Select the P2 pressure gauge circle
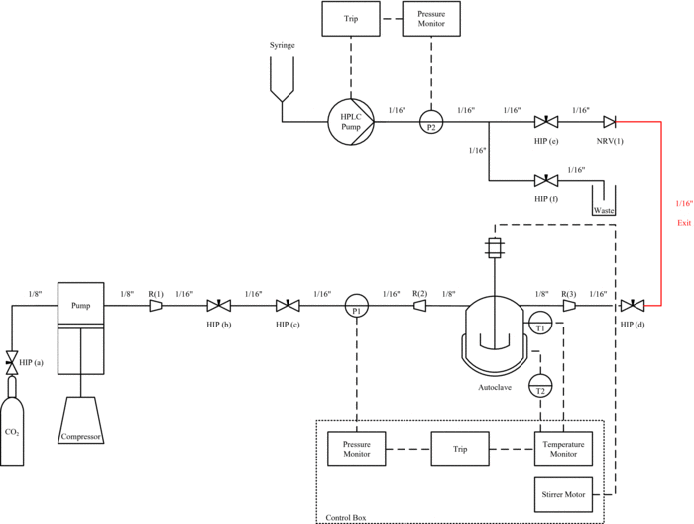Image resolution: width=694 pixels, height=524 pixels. (431, 122)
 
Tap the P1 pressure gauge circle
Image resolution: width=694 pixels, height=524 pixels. (356, 308)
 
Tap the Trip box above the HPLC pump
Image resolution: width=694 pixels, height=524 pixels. (352, 20)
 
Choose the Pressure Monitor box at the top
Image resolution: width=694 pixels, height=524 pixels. (431, 20)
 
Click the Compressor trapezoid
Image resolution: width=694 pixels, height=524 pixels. (81, 422)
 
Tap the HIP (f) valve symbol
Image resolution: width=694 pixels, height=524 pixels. (544, 182)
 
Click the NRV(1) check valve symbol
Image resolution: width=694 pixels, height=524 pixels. (610, 122)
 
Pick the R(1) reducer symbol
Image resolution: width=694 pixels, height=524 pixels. (156, 308)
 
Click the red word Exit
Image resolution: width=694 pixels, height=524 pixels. (683, 222)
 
